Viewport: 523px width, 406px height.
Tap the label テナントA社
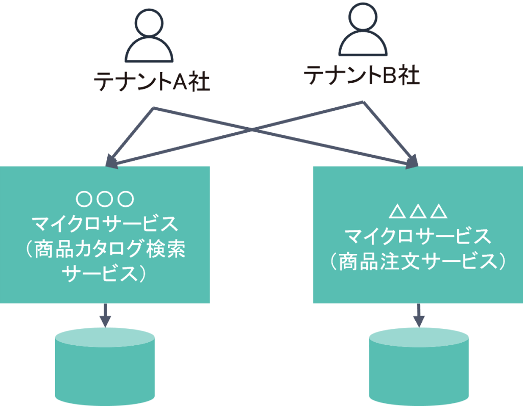[152, 82]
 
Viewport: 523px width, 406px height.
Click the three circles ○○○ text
[105, 198]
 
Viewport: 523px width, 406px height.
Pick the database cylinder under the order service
[418, 365]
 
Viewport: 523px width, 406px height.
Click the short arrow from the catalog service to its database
[105, 315]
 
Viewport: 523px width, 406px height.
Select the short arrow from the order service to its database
[418, 315]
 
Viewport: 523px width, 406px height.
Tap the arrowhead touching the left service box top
[112, 161]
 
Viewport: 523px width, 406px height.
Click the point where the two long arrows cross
[258, 130]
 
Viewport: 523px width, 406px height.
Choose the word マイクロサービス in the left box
[105, 224]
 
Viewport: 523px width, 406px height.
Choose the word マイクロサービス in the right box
[418, 236]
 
